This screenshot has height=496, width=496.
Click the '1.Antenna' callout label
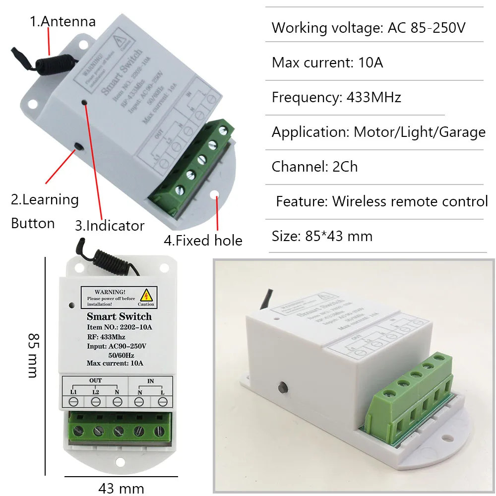tap(62, 21)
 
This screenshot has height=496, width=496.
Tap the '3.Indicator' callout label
tap(110, 226)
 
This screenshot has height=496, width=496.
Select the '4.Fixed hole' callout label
tap(203, 241)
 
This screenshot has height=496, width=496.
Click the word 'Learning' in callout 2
tap(51, 199)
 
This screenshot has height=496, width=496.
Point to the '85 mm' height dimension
tap(33, 355)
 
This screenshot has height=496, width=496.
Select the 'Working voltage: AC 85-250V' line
tap(369, 28)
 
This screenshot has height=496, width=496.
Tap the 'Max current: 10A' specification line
tap(327, 62)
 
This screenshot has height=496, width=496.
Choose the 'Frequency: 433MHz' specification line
tap(336, 97)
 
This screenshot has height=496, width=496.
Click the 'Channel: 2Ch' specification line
tap(314, 166)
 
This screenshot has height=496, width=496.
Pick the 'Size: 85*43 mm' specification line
tap(322, 236)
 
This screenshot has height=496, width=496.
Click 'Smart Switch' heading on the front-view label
tap(119, 316)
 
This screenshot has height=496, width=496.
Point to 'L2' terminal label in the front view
tap(96, 391)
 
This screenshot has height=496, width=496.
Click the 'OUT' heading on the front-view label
tap(96, 380)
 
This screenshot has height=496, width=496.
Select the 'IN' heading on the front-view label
tap(150, 380)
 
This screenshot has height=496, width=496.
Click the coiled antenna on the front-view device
tap(102, 257)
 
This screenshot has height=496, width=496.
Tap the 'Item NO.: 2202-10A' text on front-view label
tap(119, 327)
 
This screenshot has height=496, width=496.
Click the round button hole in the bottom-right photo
tap(284, 385)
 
